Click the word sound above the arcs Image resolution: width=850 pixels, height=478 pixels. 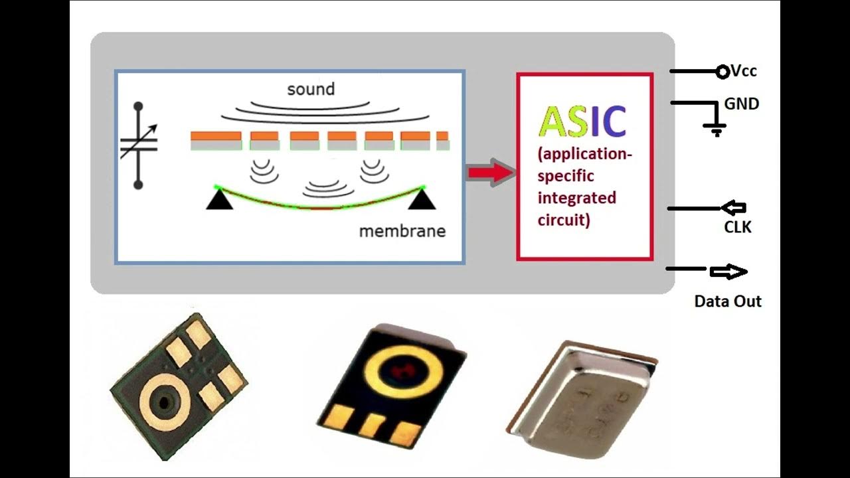[x=311, y=89]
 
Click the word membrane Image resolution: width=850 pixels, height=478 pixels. [x=402, y=232]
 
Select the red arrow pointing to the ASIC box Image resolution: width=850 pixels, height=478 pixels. [x=491, y=173]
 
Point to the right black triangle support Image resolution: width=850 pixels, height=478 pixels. [x=421, y=199]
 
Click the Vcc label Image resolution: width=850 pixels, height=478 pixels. [x=744, y=71]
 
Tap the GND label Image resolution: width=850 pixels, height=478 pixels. [x=742, y=104]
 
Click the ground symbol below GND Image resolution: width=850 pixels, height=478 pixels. [x=716, y=129]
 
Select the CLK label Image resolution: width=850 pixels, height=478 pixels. [x=737, y=228]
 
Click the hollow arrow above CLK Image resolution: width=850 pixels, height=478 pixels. [x=733, y=208]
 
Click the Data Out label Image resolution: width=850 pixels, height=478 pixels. [x=728, y=301]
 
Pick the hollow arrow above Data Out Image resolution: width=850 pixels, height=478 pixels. [x=728, y=272]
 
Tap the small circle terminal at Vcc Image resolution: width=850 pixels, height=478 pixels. [x=722, y=72]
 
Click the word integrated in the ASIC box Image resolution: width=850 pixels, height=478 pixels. [x=576, y=198]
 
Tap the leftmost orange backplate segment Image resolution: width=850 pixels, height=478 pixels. [x=216, y=136]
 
